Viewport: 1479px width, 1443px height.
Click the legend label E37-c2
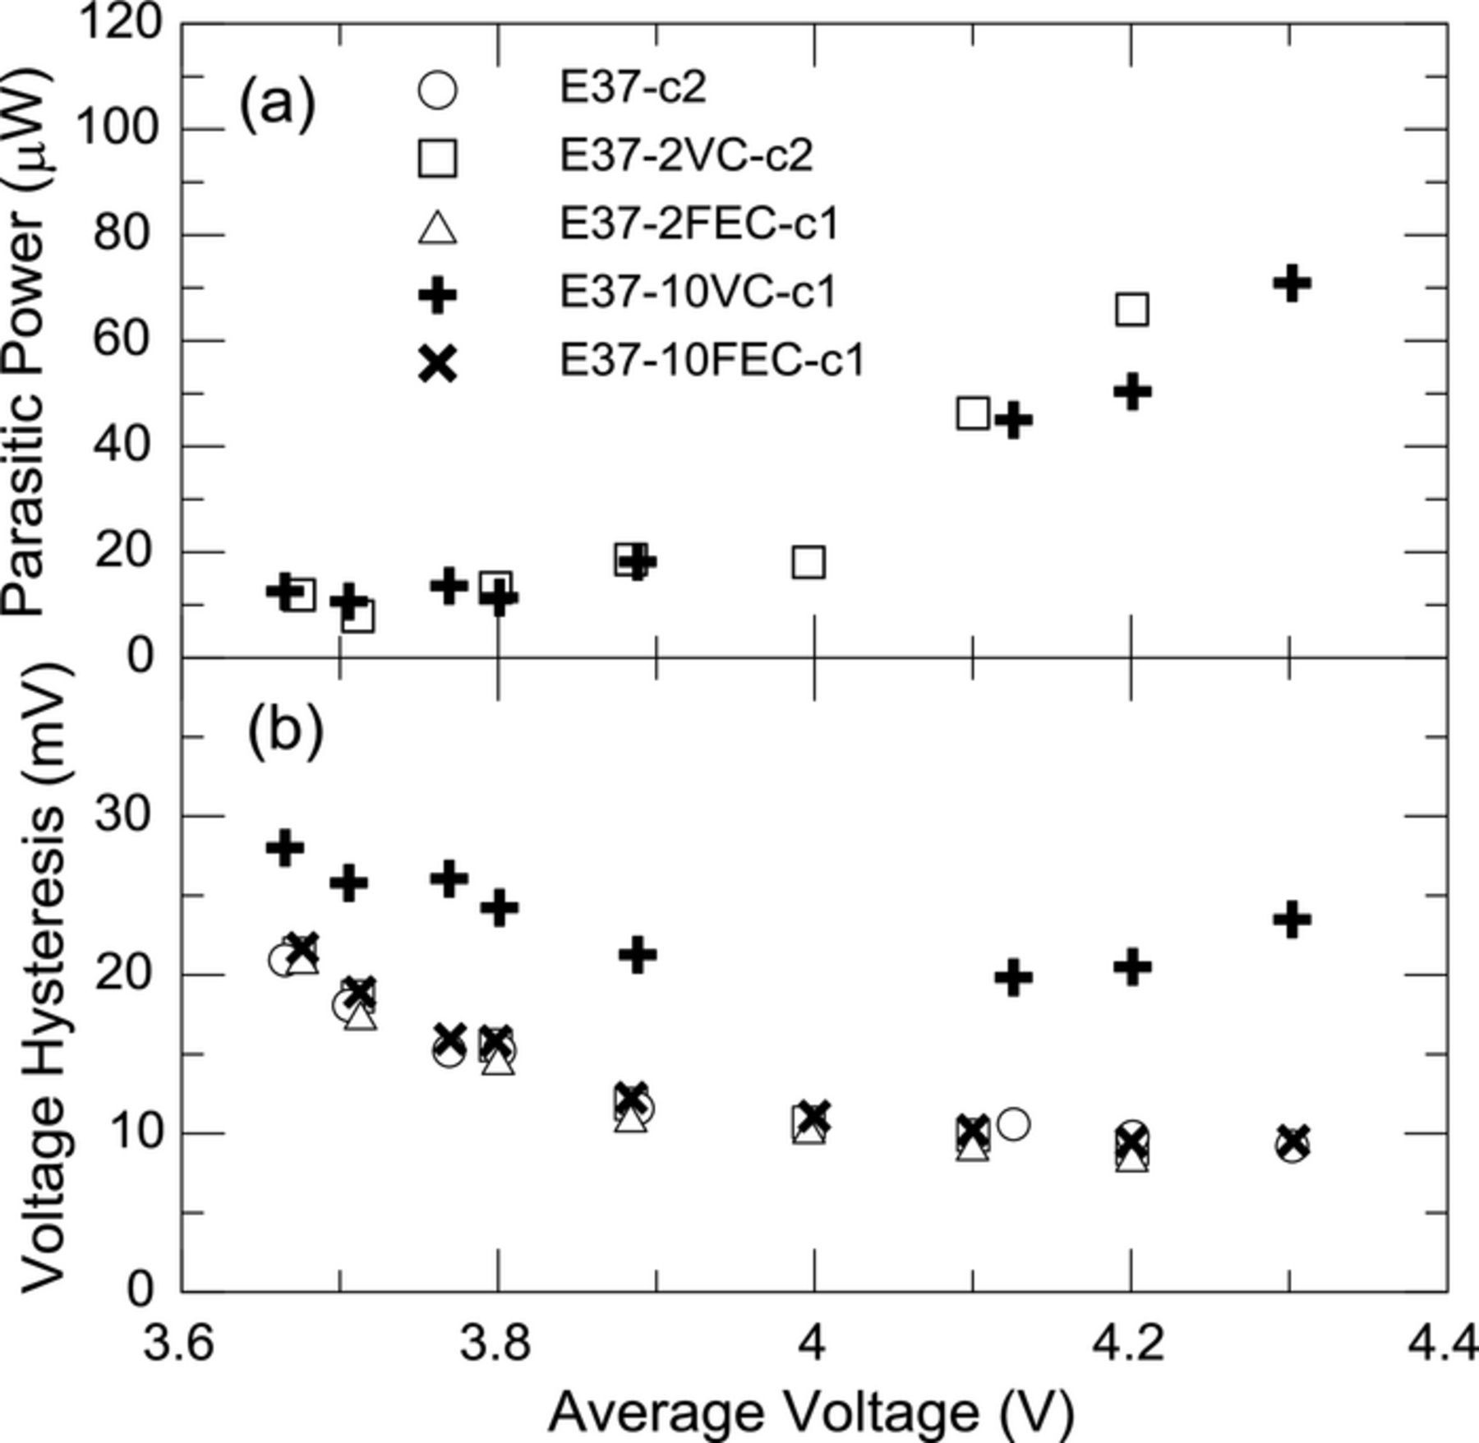tap(632, 87)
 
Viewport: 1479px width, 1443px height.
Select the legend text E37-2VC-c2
tap(686, 155)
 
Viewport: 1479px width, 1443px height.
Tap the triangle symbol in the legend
tap(437, 226)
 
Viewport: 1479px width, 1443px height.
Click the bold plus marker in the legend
tap(437, 294)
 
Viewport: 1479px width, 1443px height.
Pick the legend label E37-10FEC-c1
tap(712, 361)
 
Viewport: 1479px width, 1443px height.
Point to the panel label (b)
tap(285, 726)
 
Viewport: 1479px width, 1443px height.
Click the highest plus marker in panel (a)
tap(1292, 283)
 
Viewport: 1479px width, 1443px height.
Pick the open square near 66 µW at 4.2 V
tap(1132, 310)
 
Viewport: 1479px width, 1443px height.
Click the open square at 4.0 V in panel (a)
tap(809, 563)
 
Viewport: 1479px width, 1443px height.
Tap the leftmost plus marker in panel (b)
tap(285, 847)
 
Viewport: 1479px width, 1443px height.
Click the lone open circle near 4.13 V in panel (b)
tap(1013, 1124)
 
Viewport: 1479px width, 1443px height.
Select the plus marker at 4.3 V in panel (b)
tap(1292, 919)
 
